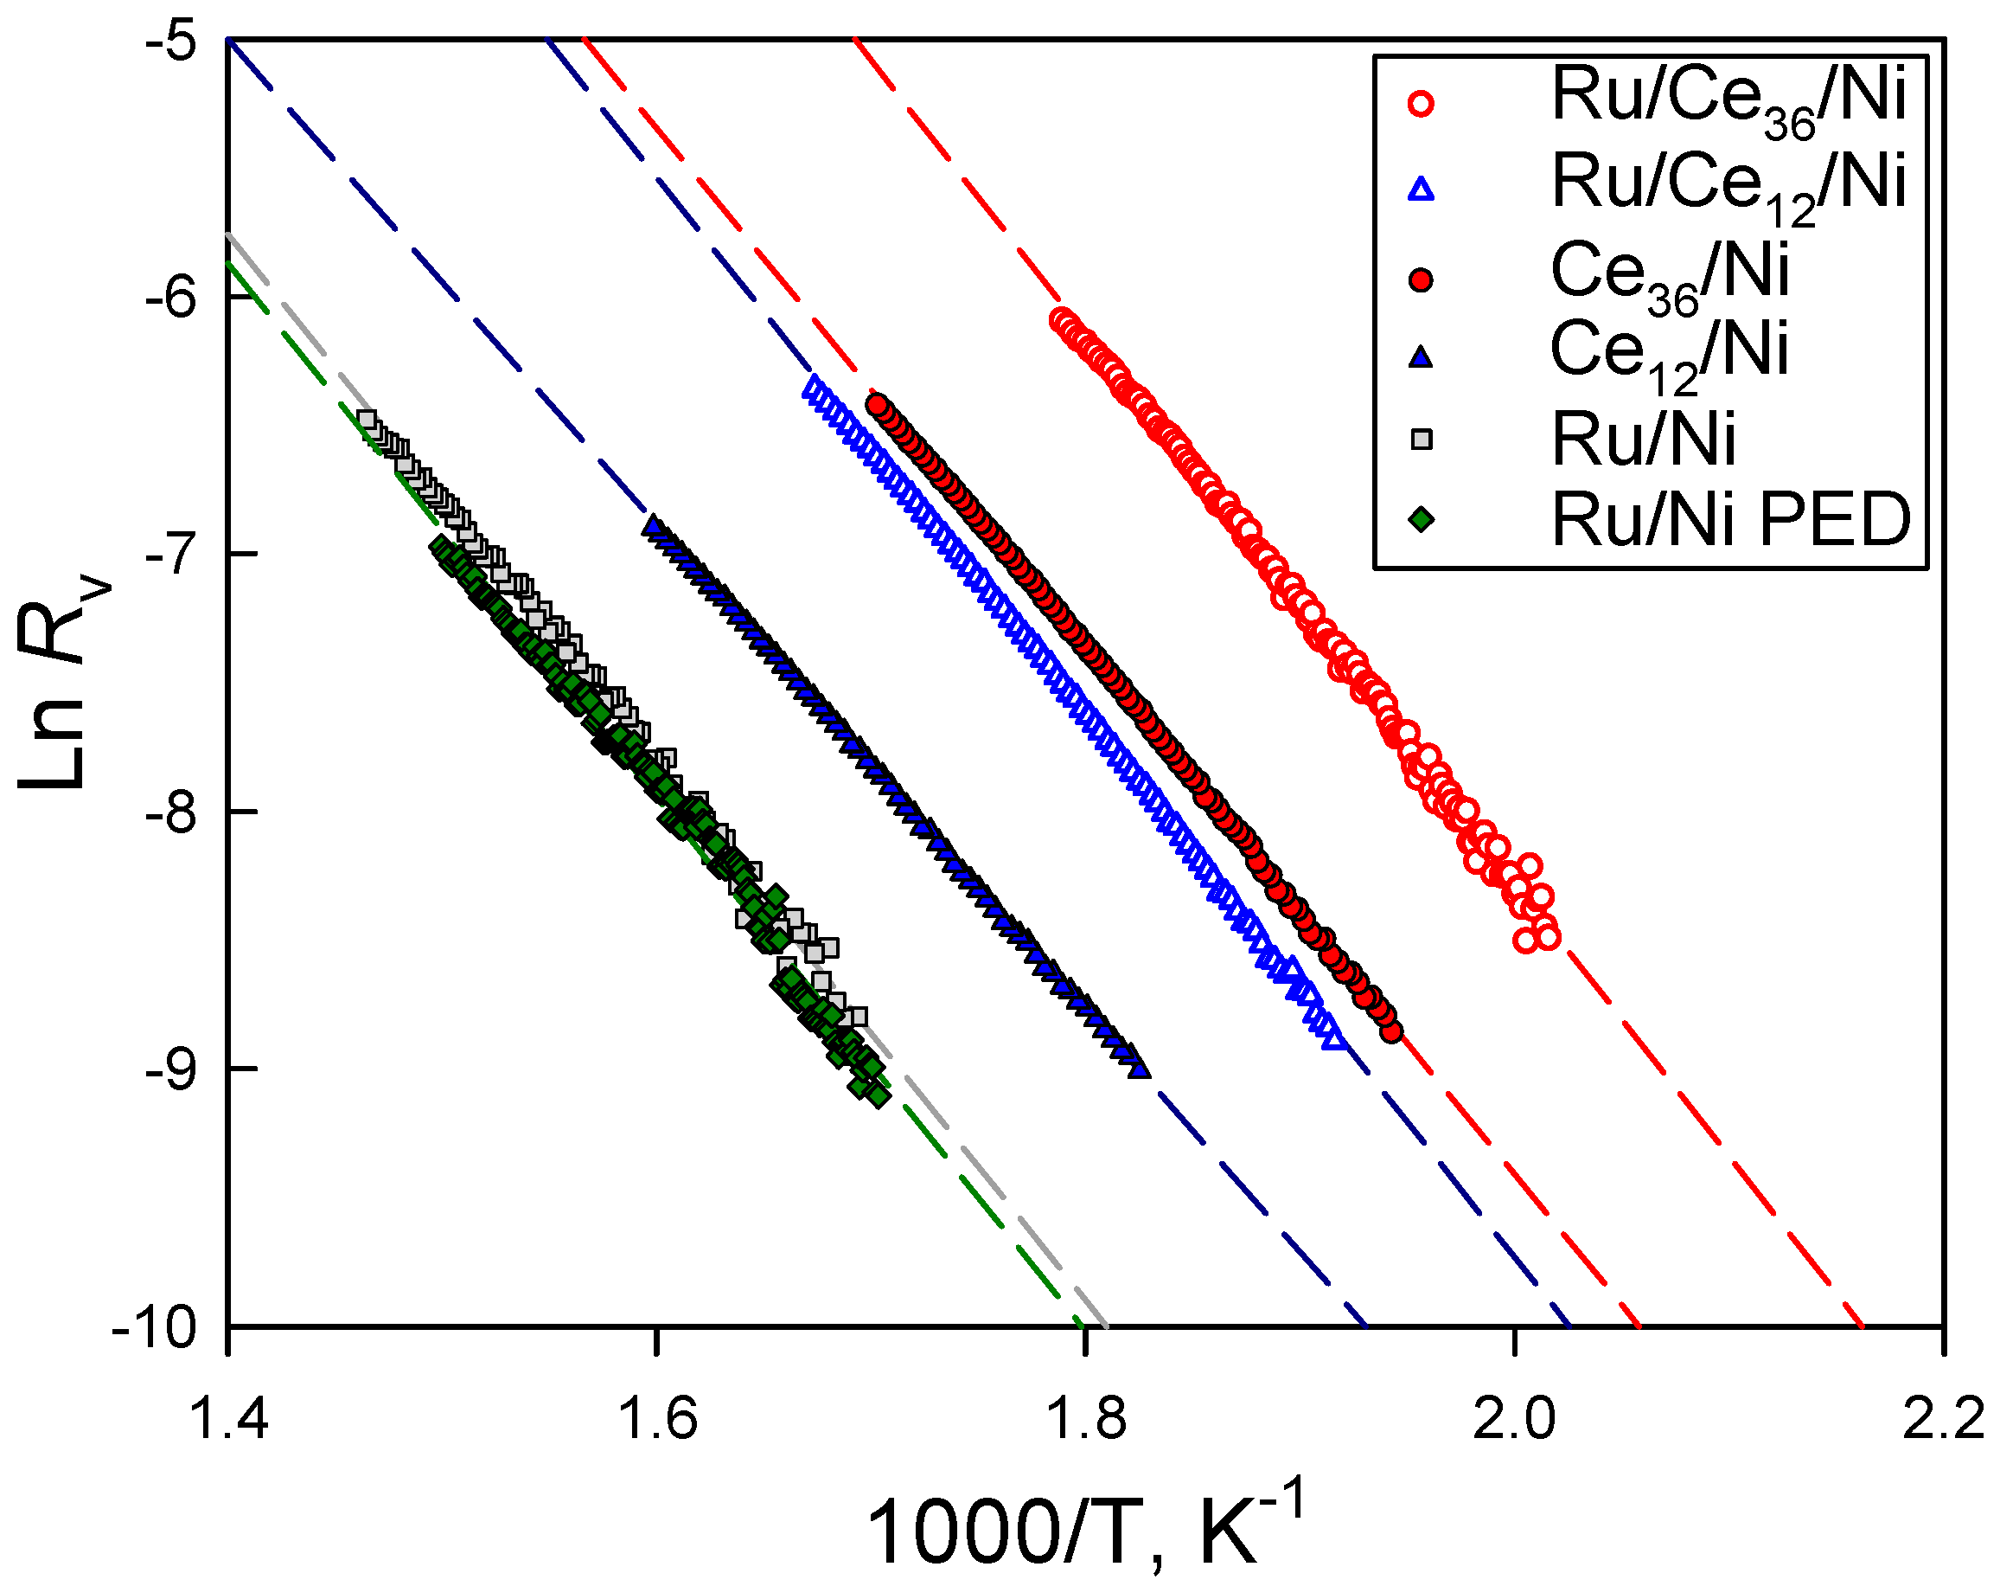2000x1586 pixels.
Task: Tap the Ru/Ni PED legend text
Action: pyautogui.click(x=1731, y=521)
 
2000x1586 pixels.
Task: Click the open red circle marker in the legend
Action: pyautogui.click(x=1420, y=103)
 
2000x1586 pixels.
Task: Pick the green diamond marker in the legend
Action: pyautogui.click(x=1420, y=520)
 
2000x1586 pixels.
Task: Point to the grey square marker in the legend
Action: pyautogui.click(x=1420, y=439)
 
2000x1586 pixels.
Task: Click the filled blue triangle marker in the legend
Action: pyautogui.click(x=1420, y=357)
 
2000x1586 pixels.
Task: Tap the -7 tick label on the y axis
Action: pyautogui.click(x=171, y=554)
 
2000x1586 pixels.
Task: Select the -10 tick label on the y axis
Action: pyautogui.click(x=155, y=1328)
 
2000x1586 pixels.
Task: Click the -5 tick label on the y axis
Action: pyautogui.click(x=171, y=42)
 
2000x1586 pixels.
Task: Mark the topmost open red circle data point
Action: pyautogui.click(x=1061, y=320)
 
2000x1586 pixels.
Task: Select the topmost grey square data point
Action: pyautogui.click(x=367, y=420)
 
